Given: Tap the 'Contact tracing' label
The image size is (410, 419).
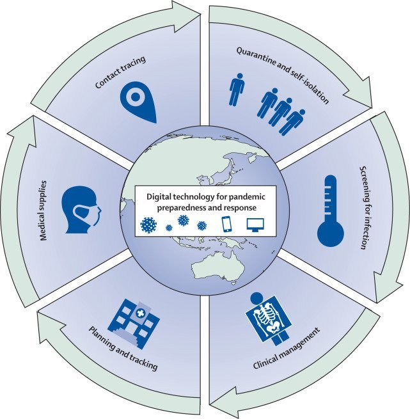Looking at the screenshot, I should pos(121,72).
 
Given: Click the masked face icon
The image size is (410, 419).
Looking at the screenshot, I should pos(80,209).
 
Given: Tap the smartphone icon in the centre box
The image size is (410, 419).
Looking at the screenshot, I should pos(225,225).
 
